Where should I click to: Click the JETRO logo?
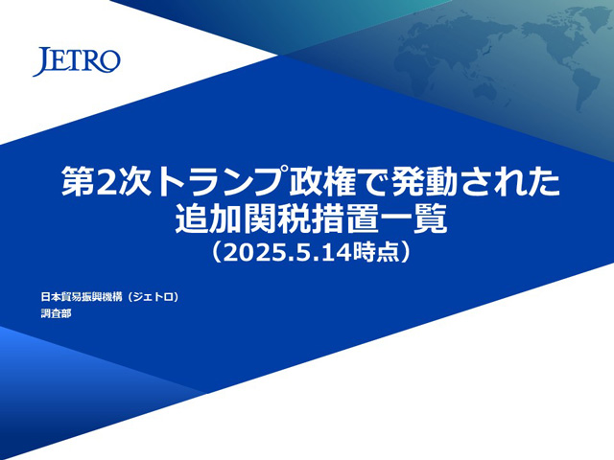pos(77,61)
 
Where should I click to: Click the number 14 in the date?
pos(337,252)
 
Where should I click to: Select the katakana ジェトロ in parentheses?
pos(153,297)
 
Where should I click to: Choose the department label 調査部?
pos(56,313)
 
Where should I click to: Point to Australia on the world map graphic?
pos(492,93)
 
